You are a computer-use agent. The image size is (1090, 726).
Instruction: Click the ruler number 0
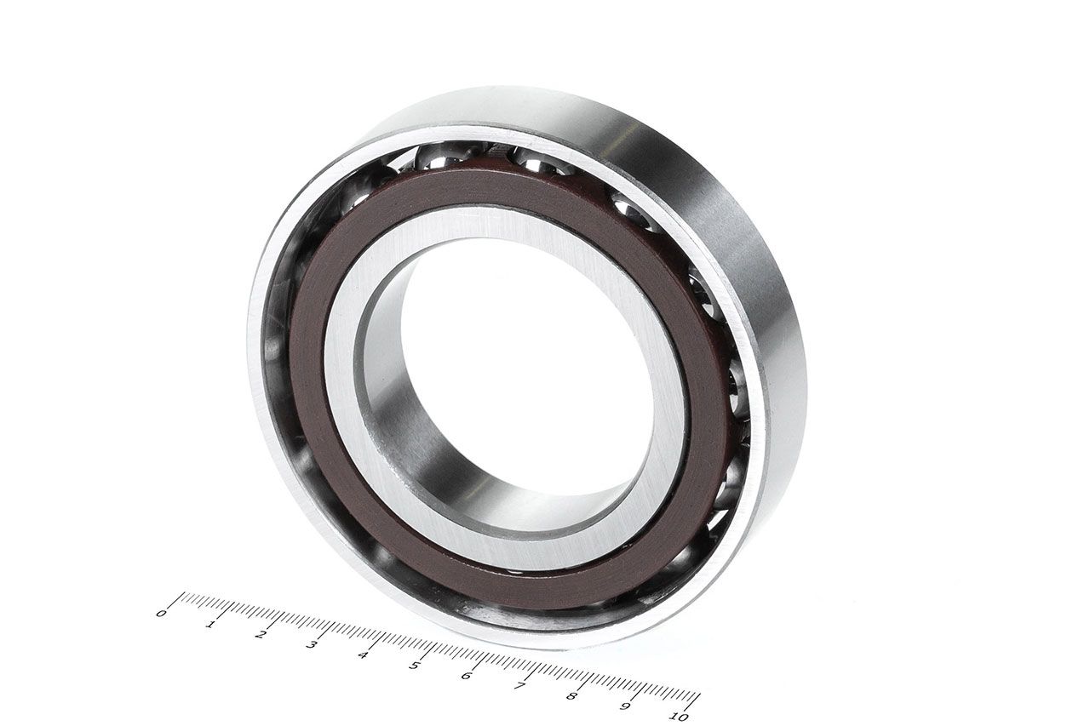161,613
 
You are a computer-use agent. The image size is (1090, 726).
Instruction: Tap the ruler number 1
210,624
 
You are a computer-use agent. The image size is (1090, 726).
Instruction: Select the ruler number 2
261,635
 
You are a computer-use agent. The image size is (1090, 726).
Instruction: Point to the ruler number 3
312,645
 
